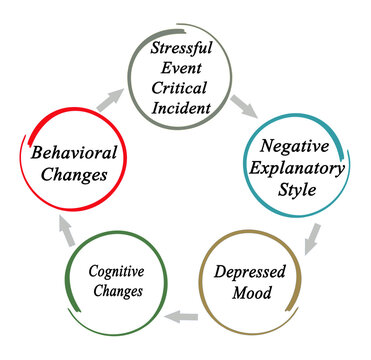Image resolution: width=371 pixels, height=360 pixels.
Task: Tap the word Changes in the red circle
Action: click(x=74, y=177)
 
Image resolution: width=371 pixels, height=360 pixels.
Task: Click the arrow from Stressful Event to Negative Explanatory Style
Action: click(x=244, y=104)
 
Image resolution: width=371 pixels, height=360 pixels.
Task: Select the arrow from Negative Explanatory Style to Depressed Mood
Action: click(x=312, y=236)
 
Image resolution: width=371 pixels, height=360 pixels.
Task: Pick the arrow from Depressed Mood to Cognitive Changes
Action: click(x=179, y=318)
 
